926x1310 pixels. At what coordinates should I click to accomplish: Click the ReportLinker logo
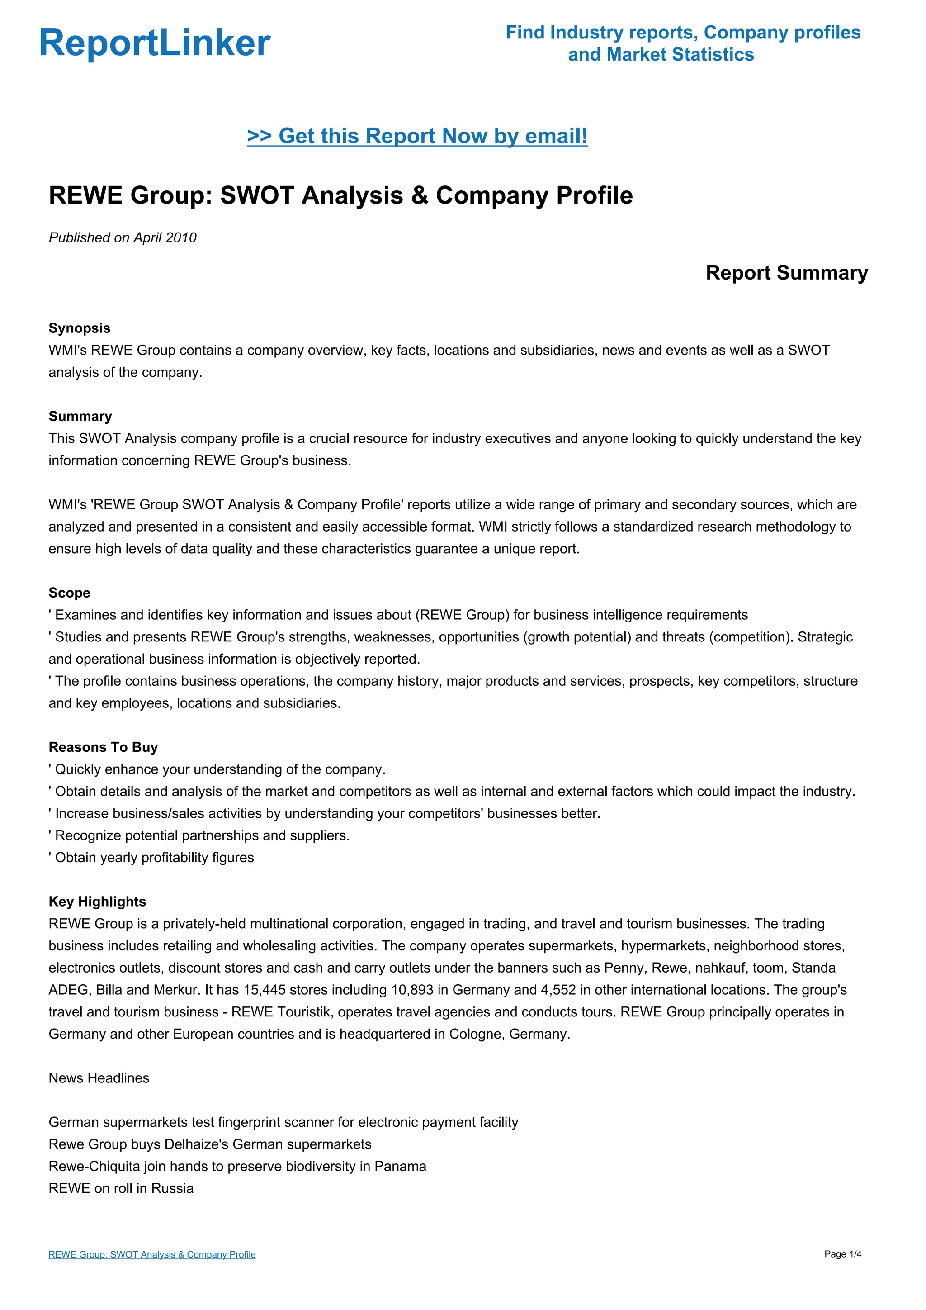pyautogui.click(x=155, y=43)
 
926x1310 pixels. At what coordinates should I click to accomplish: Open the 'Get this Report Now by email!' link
pyautogui.click(x=417, y=136)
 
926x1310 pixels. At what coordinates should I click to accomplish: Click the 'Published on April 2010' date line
pyautogui.click(x=123, y=237)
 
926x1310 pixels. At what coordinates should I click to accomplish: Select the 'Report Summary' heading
pyautogui.click(x=786, y=273)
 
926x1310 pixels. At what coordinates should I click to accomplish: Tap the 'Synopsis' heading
pyautogui.click(x=79, y=328)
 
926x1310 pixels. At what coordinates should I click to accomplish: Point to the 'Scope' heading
pyautogui.click(x=69, y=593)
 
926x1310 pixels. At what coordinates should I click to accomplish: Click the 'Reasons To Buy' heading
pyautogui.click(x=103, y=747)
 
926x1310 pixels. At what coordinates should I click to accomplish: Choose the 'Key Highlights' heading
pyautogui.click(x=97, y=902)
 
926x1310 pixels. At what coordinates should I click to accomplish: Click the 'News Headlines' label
pyautogui.click(x=99, y=1078)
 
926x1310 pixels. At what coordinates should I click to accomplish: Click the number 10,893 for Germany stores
pyautogui.click(x=412, y=990)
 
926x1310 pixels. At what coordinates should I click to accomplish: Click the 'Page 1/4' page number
pyautogui.click(x=843, y=1254)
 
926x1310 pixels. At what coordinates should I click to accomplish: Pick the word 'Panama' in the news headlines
pyautogui.click(x=400, y=1166)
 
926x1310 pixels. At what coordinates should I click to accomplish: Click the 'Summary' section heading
pyautogui.click(x=80, y=417)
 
